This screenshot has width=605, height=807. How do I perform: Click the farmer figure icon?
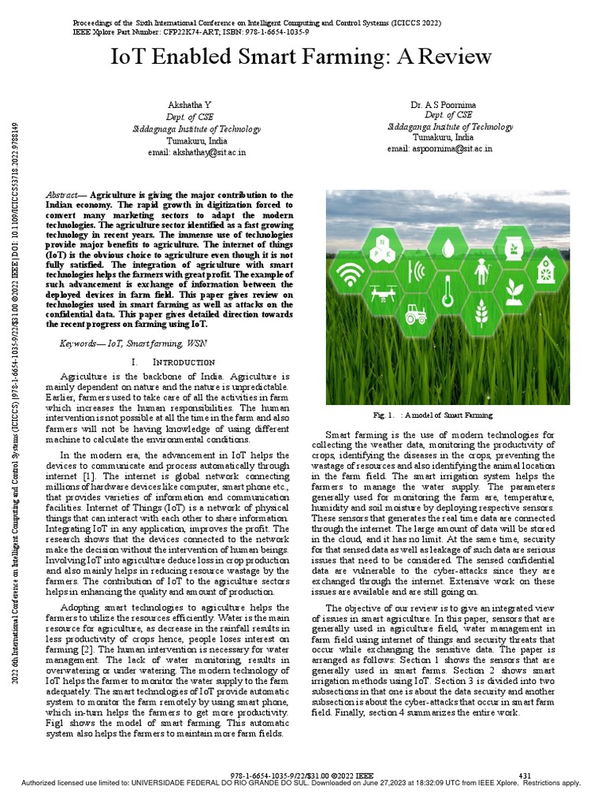click(481, 273)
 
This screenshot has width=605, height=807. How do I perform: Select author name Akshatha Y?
click(185, 106)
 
